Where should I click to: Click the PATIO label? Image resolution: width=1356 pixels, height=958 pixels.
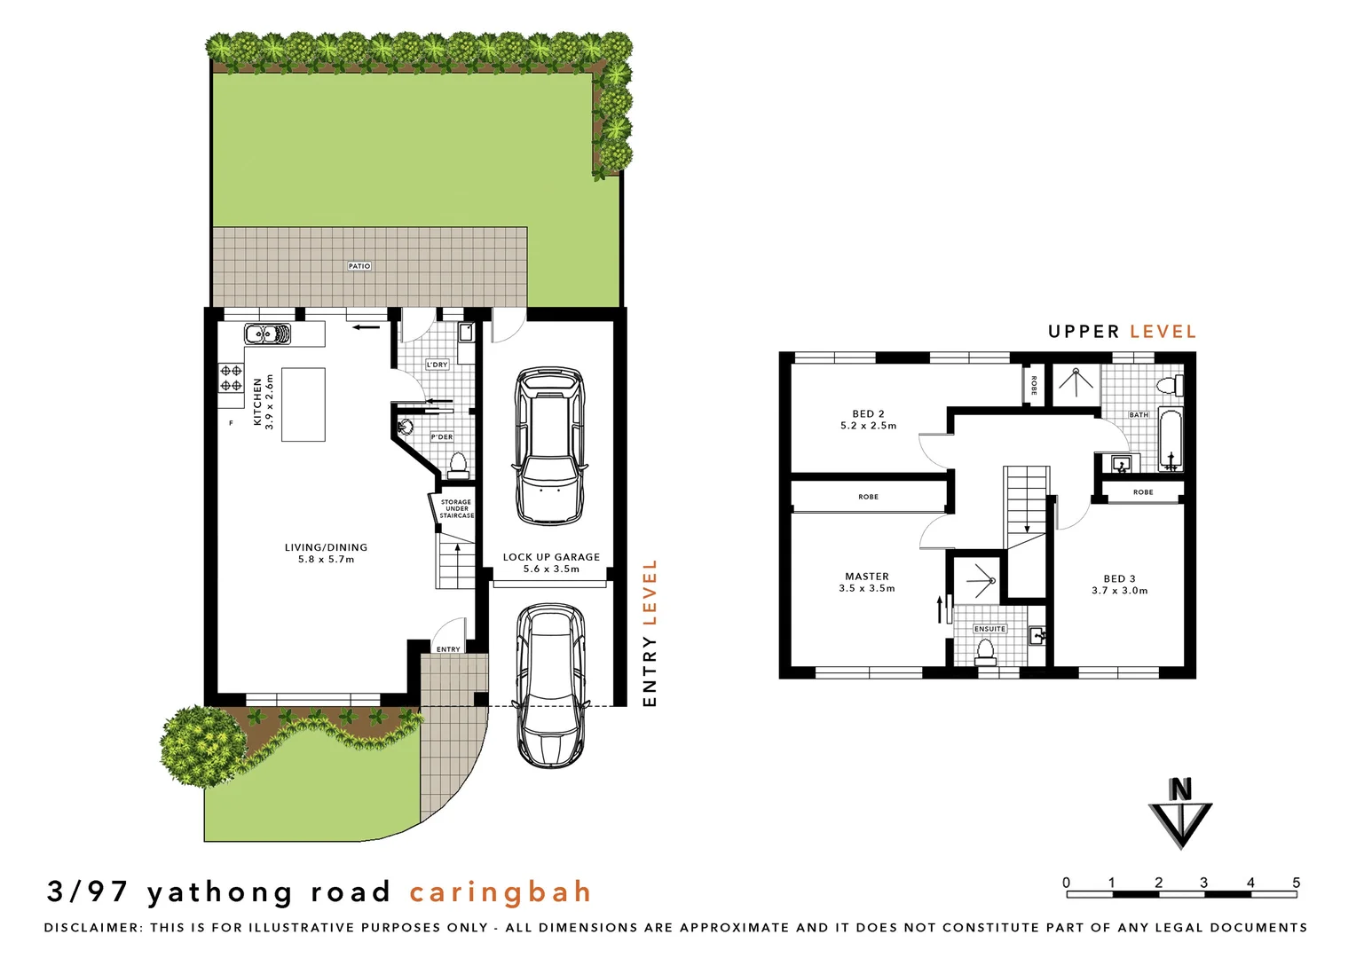coord(359,266)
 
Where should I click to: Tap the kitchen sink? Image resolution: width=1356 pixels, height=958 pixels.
coord(267,335)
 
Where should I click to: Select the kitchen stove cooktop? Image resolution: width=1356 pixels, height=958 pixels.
coord(232,379)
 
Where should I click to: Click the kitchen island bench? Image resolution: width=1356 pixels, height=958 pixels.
coord(303,404)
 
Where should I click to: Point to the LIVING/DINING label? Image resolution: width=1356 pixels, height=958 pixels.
coord(326,547)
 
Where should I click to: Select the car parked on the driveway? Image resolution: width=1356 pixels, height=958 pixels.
coord(550,685)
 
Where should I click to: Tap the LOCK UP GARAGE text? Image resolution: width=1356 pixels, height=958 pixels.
coord(551,557)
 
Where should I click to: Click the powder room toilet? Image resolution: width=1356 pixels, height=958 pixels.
coord(458,464)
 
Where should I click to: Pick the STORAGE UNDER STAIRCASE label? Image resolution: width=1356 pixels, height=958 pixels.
coord(456,508)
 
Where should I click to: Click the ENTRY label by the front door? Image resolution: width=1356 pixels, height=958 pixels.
coord(448,649)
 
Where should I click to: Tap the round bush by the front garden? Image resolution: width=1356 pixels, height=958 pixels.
coord(203,746)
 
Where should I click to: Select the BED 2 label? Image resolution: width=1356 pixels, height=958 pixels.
coord(868,413)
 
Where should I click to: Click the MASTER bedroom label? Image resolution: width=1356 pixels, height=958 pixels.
coord(867,577)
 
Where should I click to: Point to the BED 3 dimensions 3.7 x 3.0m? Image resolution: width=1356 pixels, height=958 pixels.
coord(1119,591)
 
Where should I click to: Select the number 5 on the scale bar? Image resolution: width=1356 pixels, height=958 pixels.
coord(1297,883)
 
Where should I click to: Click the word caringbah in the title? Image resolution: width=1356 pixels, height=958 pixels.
coord(501,891)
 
